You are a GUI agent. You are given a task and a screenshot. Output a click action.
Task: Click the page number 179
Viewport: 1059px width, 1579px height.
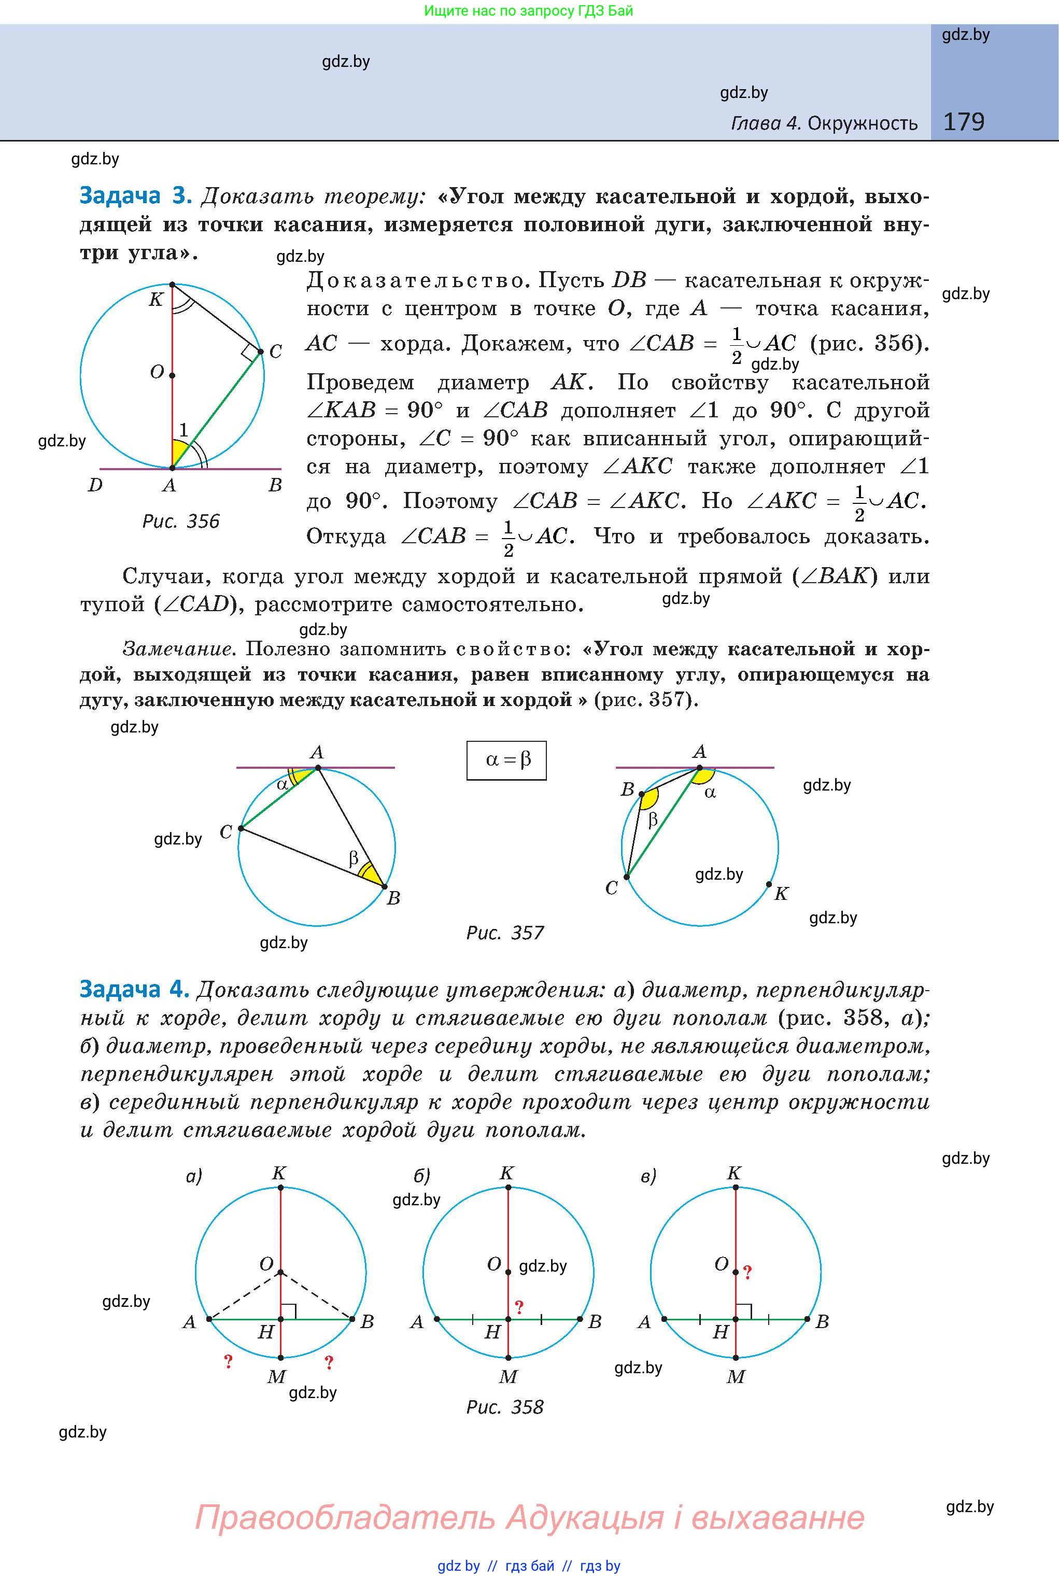click(964, 122)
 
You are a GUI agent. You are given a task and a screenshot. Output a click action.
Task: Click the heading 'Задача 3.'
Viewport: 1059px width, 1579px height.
click(136, 196)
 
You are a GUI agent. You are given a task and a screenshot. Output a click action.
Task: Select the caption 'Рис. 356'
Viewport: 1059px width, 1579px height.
click(181, 521)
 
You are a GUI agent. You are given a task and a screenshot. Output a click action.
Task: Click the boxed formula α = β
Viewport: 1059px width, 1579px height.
click(506, 760)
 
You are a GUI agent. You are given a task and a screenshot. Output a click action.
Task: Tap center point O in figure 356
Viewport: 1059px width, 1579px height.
click(172, 375)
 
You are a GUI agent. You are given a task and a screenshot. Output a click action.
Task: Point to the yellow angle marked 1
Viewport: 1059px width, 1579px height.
click(180, 450)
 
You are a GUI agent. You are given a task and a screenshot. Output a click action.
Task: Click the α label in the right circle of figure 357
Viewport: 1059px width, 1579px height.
click(710, 792)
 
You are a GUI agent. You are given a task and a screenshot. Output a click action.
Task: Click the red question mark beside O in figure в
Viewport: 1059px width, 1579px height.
click(747, 1273)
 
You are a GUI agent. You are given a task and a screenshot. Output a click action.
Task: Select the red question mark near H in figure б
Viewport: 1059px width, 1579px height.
click(519, 1307)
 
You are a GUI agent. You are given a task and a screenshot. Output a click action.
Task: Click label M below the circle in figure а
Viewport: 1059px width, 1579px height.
click(277, 1376)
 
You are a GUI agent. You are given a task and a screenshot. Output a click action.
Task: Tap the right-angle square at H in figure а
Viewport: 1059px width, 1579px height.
click(288, 1311)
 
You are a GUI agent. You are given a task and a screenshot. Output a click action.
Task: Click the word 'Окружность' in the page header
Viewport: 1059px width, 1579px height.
click(863, 123)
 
